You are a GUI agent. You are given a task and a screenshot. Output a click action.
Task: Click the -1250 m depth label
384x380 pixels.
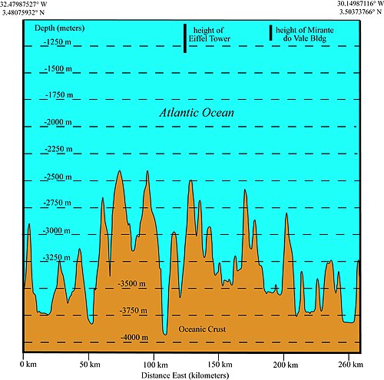(x=58, y=41)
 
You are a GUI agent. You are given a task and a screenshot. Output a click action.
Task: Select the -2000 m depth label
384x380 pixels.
(x=58, y=122)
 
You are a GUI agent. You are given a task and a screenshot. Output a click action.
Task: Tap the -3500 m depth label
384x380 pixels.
(x=131, y=283)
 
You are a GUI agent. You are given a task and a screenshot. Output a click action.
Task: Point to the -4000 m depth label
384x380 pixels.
(x=134, y=337)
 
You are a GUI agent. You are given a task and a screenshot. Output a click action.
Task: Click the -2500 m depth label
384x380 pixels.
(x=58, y=177)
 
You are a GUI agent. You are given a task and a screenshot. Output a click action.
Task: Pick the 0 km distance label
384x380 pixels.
(x=28, y=364)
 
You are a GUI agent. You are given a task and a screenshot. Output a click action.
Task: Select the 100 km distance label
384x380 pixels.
(x=155, y=365)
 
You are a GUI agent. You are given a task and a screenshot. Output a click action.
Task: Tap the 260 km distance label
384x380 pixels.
(x=350, y=364)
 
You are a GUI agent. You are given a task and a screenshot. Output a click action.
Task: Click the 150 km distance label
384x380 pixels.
(x=220, y=364)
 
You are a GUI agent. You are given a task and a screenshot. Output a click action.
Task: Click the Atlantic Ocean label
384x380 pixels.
(x=197, y=113)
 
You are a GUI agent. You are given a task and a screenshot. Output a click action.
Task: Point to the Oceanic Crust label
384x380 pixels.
(x=202, y=329)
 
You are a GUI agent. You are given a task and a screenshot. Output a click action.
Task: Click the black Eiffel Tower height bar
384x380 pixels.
(x=185, y=38)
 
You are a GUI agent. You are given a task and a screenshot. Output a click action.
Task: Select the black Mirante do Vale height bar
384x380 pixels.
(x=270, y=33)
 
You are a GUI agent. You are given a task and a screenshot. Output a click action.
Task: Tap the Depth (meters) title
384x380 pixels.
(x=60, y=28)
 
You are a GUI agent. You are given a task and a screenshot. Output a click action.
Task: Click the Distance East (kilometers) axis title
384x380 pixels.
(x=185, y=375)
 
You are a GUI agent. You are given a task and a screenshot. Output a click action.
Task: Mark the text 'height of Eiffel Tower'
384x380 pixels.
(x=209, y=35)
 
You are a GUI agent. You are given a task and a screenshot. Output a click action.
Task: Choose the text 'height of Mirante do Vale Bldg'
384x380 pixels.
(x=305, y=35)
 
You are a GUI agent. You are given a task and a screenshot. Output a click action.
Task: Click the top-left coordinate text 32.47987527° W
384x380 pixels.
(x=23, y=5)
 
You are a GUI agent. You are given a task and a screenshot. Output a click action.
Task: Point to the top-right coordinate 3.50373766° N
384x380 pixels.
(x=360, y=12)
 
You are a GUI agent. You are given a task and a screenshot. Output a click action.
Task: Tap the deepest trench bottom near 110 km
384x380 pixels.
(x=165, y=335)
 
